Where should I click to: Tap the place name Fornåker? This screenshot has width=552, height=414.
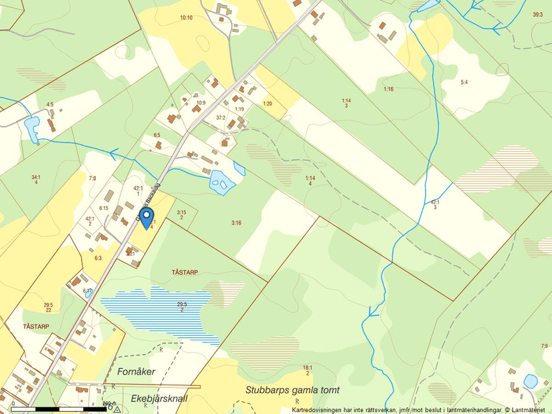(x=136, y=371)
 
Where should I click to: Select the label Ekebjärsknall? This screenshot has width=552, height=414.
(x=159, y=399)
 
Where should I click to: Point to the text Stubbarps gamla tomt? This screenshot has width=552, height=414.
(x=292, y=390)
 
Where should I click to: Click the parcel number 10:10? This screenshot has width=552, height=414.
(x=186, y=17)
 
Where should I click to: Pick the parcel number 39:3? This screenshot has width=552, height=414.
(x=538, y=14)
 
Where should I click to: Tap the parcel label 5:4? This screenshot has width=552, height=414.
(x=464, y=82)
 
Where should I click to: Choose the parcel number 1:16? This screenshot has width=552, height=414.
(x=389, y=89)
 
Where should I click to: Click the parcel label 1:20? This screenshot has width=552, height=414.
(x=268, y=104)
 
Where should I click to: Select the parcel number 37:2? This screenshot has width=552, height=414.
(x=221, y=118)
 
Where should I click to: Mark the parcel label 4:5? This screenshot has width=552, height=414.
(x=50, y=104)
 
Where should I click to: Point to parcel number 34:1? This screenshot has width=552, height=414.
(x=35, y=177)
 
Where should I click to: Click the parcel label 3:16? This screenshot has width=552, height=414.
(x=236, y=223)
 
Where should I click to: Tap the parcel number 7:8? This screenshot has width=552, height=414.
(x=92, y=178)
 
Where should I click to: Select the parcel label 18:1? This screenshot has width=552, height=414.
(x=307, y=367)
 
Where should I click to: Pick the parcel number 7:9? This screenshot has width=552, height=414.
(x=543, y=346)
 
